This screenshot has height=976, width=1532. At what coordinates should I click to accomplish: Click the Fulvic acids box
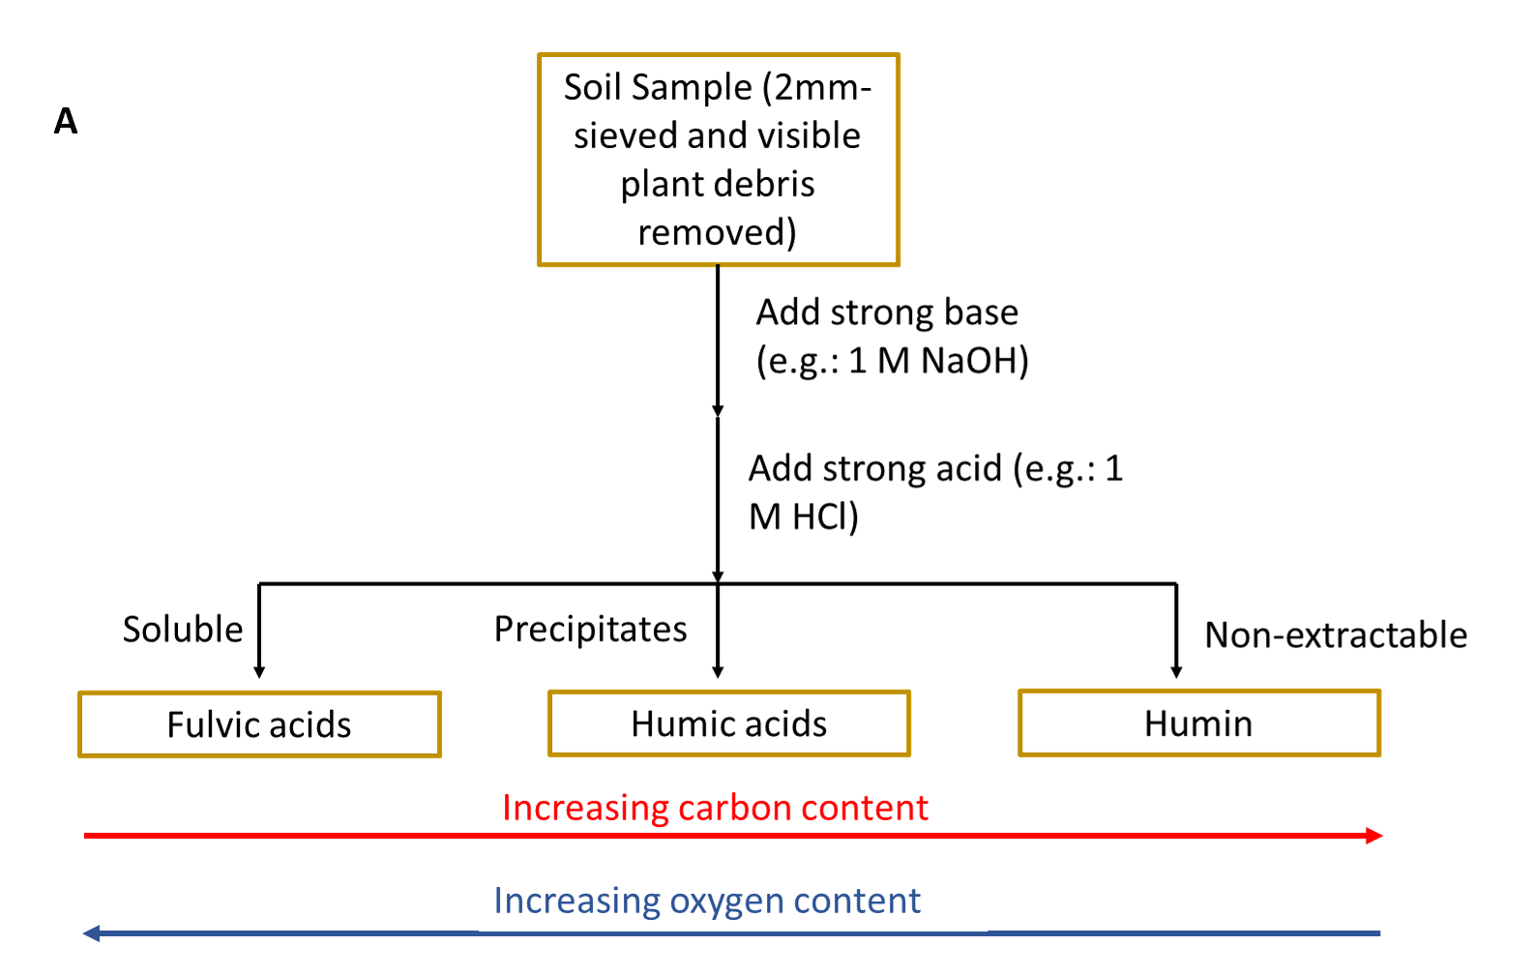click(x=260, y=725)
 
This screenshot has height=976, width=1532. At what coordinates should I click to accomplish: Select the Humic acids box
click(x=729, y=724)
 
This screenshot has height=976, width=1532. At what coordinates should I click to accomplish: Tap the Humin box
click(x=1199, y=723)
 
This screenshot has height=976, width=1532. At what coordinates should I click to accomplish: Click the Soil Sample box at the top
click(x=718, y=160)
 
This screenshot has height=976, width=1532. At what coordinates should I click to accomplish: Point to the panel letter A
click(x=66, y=122)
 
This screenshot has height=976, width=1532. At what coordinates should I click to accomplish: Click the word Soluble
click(x=183, y=630)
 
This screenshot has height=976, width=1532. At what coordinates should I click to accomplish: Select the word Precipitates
click(x=590, y=630)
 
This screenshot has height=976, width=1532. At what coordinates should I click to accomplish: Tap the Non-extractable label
click(x=1336, y=635)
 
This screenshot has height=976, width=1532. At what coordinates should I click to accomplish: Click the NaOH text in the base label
click(x=974, y=361)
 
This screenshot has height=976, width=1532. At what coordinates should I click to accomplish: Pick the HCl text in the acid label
click(x=825, y=517)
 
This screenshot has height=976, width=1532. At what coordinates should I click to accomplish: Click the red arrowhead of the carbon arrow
click(x=1374, y=836)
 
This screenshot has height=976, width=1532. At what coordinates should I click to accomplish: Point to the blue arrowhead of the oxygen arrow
click(x=92, y=932)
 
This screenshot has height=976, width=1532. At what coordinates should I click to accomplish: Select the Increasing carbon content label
click(x=715, y=808)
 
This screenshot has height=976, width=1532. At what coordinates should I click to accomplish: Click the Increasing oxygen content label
click(x=707, y=901)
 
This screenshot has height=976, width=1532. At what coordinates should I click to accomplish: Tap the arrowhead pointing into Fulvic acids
click(x=259, y=673)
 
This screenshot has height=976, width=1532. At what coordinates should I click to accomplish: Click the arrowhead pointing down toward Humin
click(x=1176, y=673)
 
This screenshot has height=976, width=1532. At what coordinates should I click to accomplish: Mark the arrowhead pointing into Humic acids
click(x=718, y=673)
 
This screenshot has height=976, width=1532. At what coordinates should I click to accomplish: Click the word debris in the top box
click(x=769, y=184)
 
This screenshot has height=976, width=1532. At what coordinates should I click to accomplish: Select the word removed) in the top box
click(x=718, y=232)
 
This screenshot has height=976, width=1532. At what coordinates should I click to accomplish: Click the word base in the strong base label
click(x=981, y=312)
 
